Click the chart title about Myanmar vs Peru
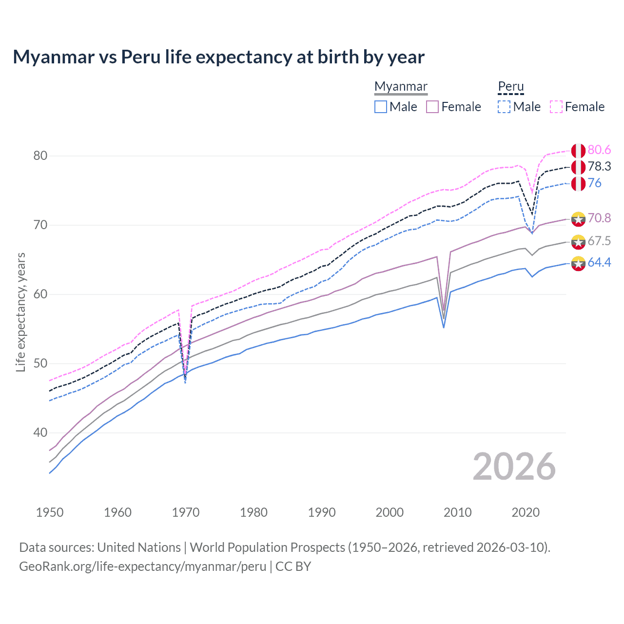tap(218, 57)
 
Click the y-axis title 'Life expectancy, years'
tap(20, 312)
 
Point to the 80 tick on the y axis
tap(40, 156)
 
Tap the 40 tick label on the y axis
tap(40, 433)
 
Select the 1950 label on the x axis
tap(50, 512)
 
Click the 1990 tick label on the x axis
tap(322, 512)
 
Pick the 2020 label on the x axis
tap(526, 512)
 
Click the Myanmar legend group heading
tap(401, 86)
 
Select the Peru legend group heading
tap(510, 86)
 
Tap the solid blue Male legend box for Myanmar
tap(381, 107)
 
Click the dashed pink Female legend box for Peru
tap(556, 107)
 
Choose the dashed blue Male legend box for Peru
tap(504, 107)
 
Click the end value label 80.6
tap(599, 150)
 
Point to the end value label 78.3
tap(599, 167)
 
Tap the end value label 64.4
tap(599, 263)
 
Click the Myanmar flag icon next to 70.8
tap(578, 219)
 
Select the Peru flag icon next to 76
tap(578, 184)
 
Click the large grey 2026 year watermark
tap(514, 467)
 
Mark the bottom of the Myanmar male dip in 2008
tap(444, 327)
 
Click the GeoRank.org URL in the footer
tap(142, 566)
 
